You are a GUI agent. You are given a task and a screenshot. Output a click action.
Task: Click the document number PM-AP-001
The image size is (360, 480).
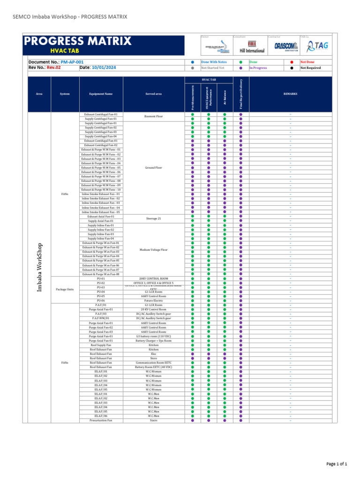[x=72, y=62]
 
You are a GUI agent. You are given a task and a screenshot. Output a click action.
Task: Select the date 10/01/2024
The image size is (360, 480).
[x=104, y=67]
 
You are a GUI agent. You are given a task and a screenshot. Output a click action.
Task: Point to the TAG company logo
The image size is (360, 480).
[x=317, y=45]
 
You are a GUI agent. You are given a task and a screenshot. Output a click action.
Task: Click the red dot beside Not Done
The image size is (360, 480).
[x=292, y=62]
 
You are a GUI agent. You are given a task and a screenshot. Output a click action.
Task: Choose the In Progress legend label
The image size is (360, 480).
[x=258, y=68]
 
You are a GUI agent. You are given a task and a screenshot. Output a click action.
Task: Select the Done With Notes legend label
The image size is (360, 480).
[x=214, y=62]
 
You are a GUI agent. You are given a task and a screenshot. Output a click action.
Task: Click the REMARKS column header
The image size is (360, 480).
[x=290, y=94]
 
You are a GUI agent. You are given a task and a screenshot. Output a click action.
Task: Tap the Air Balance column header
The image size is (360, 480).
[x=225, y=94]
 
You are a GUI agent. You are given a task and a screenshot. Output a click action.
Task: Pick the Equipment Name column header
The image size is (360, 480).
[x=101, y=94]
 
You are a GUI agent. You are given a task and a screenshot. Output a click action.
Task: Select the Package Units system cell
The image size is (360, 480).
[x=65, y=289]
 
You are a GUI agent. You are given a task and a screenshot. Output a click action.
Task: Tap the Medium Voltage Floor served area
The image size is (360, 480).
[x=153, y=250]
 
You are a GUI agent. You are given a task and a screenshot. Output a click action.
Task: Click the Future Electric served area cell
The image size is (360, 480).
[x=153, y=300]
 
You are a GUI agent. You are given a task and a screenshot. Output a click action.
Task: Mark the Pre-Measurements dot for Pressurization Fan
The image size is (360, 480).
[x=193, y=420]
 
